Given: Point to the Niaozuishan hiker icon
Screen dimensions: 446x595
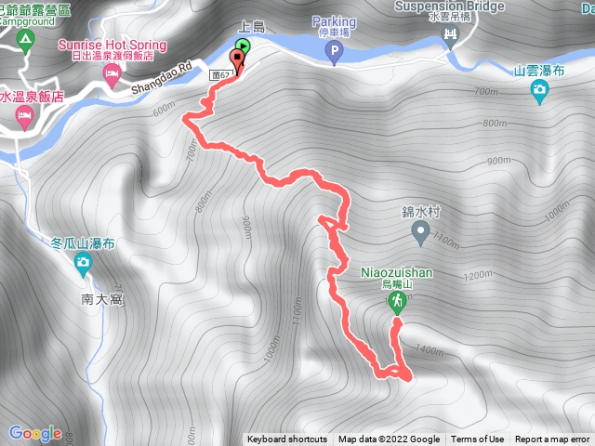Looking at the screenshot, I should (398, 302).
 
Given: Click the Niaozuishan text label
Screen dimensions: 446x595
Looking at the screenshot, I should (396, 273).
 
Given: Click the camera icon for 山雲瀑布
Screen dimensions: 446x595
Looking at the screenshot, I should (539, 89).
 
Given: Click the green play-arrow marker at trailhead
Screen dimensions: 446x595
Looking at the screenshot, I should (243, 45).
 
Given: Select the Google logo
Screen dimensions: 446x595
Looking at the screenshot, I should (34, 432).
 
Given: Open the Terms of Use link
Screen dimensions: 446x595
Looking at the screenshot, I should (477, 439).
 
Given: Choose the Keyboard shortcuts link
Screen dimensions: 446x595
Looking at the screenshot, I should (287, 439).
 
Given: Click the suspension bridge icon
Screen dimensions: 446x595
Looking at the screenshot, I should (451, 36).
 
